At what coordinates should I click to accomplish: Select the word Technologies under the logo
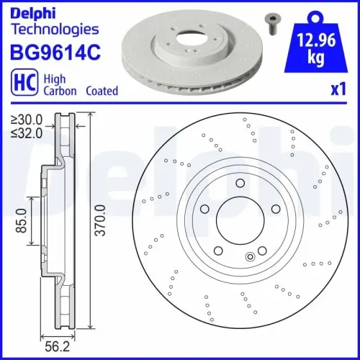click(x=54, y=30)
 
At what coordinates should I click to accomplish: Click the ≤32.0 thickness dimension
click(x=26, y=132)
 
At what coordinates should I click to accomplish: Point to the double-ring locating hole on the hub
click(x=251, y=256)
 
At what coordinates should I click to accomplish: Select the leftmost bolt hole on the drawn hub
click(x=205, y=210)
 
